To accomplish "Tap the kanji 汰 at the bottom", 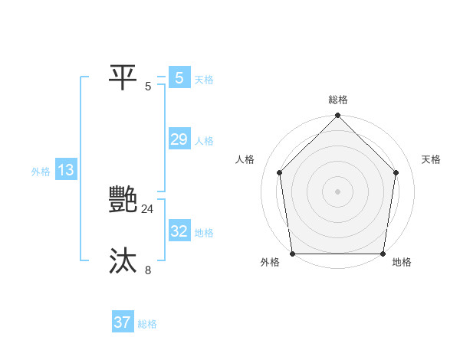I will tap(123, 261).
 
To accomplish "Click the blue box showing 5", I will tap(179, 78).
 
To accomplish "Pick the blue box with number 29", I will tap(179, 139).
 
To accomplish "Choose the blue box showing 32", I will tap(179, 231).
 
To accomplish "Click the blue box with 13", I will tap(66, 170).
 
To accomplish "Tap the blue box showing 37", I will tap(123, 322).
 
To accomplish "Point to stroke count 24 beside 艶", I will tap(147, 208).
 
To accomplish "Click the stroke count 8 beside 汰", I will tap(148, 270).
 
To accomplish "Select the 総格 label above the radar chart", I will tap(338, 100).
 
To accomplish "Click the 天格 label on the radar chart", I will tap(432, 159).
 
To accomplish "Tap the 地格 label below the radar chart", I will tap(402, 262).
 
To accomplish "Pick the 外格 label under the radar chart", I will tap(270, 262).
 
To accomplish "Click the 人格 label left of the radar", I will tap(245, 159).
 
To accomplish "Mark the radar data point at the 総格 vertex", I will tap(338, 116).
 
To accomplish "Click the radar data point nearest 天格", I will tap(396, 172).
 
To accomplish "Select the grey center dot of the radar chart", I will tap(338, 191).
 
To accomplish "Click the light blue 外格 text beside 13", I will tap(41, 172).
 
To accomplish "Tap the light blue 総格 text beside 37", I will tap(147, 324).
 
